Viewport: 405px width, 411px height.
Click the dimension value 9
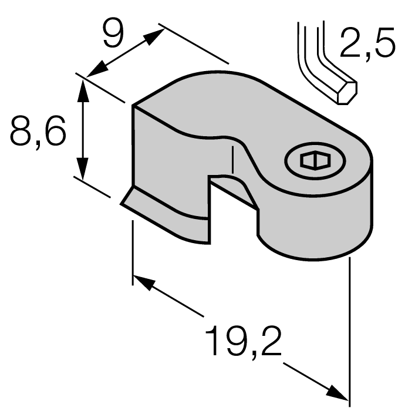click(x=112, y=34)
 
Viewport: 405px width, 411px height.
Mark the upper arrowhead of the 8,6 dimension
click(x=83, y=88)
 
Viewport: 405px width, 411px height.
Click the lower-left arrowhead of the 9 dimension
click(x=95, y=69)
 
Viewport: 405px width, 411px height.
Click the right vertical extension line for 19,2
click(x=350, y=329)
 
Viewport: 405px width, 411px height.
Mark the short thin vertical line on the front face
click(x=234, y=160)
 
